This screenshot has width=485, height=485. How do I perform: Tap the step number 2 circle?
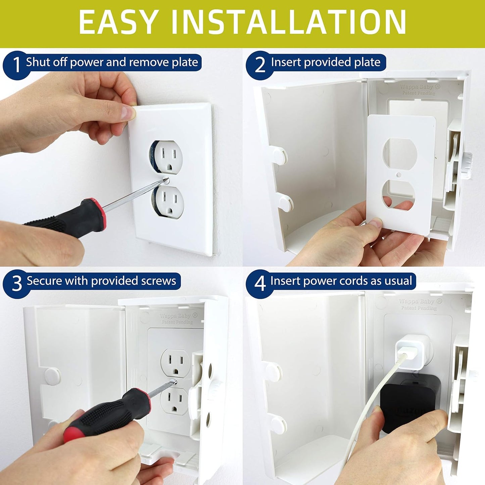(x=259, y=64)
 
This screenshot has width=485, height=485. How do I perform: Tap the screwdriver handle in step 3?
(x=107, y=413)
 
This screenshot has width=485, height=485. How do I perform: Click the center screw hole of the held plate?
(x=398, y=175)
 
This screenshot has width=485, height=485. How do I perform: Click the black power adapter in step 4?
(x=409, y=403)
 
